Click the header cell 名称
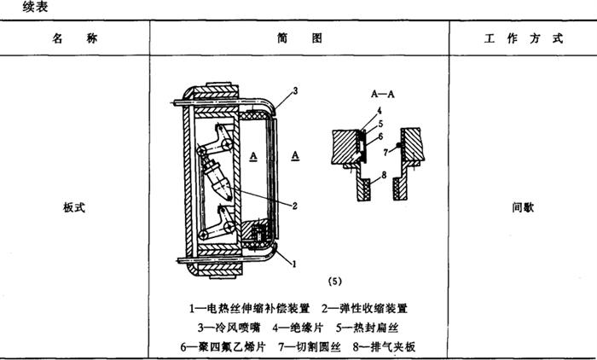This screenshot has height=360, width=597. coord(75,39)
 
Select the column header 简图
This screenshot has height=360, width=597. coord(298,39)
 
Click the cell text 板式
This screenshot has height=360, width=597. coord(75,207)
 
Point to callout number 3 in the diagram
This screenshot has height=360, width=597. coord(294,91)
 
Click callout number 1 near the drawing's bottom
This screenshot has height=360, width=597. coord(294,265)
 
